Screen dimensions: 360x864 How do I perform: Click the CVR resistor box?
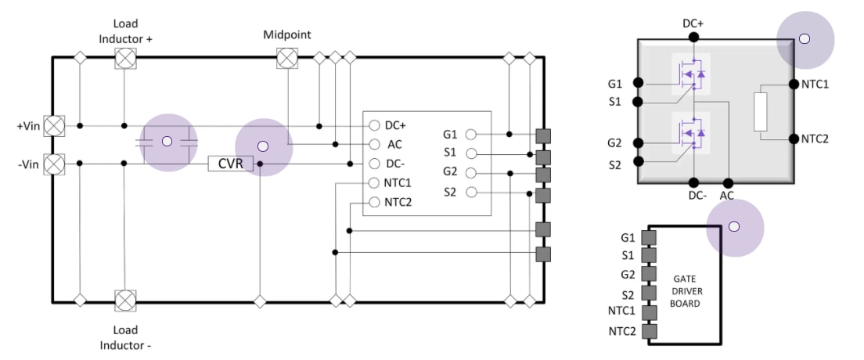(231, 164)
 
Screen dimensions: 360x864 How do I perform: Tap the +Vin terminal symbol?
(54, 125)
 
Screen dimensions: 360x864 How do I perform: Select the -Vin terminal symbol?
(54, 164)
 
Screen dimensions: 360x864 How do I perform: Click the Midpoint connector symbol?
(288, 57)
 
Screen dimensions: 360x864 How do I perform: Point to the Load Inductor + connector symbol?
(124, 57)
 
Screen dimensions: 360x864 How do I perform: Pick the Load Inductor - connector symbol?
(124, 300)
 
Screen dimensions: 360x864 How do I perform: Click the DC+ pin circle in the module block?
(373, 125)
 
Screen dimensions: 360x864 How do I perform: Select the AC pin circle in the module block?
(373, 145)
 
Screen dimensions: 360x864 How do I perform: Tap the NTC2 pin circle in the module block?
(373, 203)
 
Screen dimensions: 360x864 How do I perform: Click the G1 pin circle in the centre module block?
(472, 134)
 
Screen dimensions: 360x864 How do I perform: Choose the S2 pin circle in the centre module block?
(472, 192)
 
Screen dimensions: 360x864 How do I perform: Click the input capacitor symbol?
(166, 142)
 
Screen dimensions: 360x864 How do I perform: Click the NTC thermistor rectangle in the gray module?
(761, 112)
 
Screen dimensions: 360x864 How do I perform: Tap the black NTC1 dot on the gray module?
(794, 84)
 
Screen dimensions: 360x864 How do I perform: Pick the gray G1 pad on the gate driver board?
(648, 237)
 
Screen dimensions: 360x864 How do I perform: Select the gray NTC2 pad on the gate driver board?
(648, 331)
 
